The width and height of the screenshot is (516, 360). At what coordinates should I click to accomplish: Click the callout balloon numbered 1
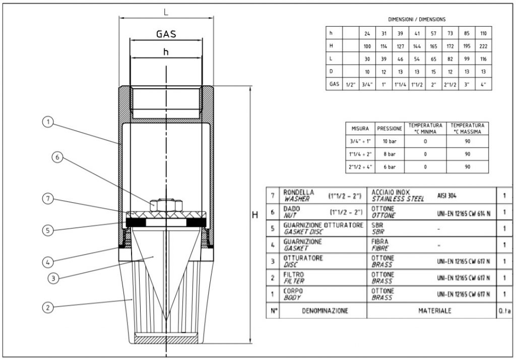[x=47, y=122]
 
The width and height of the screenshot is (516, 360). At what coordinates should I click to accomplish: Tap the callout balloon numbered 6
[x=57, y=157]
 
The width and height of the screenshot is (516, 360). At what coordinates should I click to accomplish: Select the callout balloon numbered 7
[x=47, y=199]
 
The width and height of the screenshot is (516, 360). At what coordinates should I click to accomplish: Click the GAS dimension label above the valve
[x=166, y=34]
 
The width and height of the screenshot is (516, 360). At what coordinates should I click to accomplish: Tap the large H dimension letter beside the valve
[x=255, y=215]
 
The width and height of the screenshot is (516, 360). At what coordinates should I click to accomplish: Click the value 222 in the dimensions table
[x=483, y=46]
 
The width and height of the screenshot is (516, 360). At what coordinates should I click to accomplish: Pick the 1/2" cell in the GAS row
[x=349, y=84]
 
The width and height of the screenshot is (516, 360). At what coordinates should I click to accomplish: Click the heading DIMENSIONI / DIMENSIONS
[x=417, y=19]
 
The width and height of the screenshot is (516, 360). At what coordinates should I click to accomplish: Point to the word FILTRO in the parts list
[x=294, y=274]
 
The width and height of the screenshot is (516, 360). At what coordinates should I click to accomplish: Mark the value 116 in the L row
[x=483, y=59]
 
